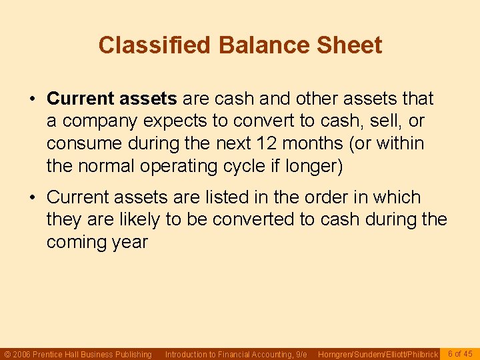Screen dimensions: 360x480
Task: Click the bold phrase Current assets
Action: [x=111, y=99]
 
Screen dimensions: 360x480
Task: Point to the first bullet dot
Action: [x=32, y=99]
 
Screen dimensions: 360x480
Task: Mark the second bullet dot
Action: [x=32, y=198]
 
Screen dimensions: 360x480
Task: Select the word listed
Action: [x=212, y=197]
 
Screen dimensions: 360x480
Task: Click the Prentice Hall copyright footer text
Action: [x=78, y=354]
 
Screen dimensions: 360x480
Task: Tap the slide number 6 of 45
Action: [x=460, y=353]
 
